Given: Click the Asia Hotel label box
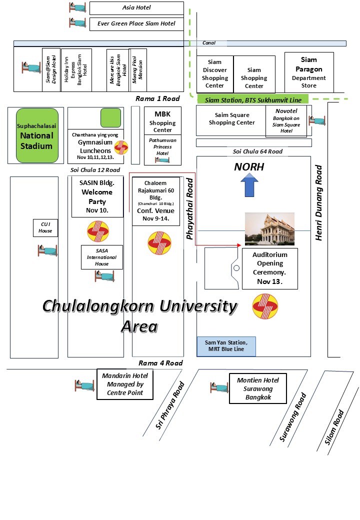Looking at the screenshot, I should [x=136, y=7].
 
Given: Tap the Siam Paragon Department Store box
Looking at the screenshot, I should [x=308, y=73].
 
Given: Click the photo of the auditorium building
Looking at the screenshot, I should [x=269, y=228].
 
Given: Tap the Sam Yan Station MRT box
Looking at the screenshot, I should [x=226, y=346].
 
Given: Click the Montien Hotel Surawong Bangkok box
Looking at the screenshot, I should [x=257, y=388].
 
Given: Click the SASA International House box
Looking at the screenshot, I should [x=101, y=257].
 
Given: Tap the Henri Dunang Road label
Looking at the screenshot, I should [x=319, y=202].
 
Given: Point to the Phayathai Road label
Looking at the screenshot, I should [x=190, y=208].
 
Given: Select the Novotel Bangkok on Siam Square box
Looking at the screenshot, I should [x=286, y=120].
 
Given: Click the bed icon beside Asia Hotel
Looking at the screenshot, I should [x=77, y=7].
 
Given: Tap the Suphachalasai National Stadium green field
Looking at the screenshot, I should [x=35, y=135].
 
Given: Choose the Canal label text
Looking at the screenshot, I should [x=208, y=43].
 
